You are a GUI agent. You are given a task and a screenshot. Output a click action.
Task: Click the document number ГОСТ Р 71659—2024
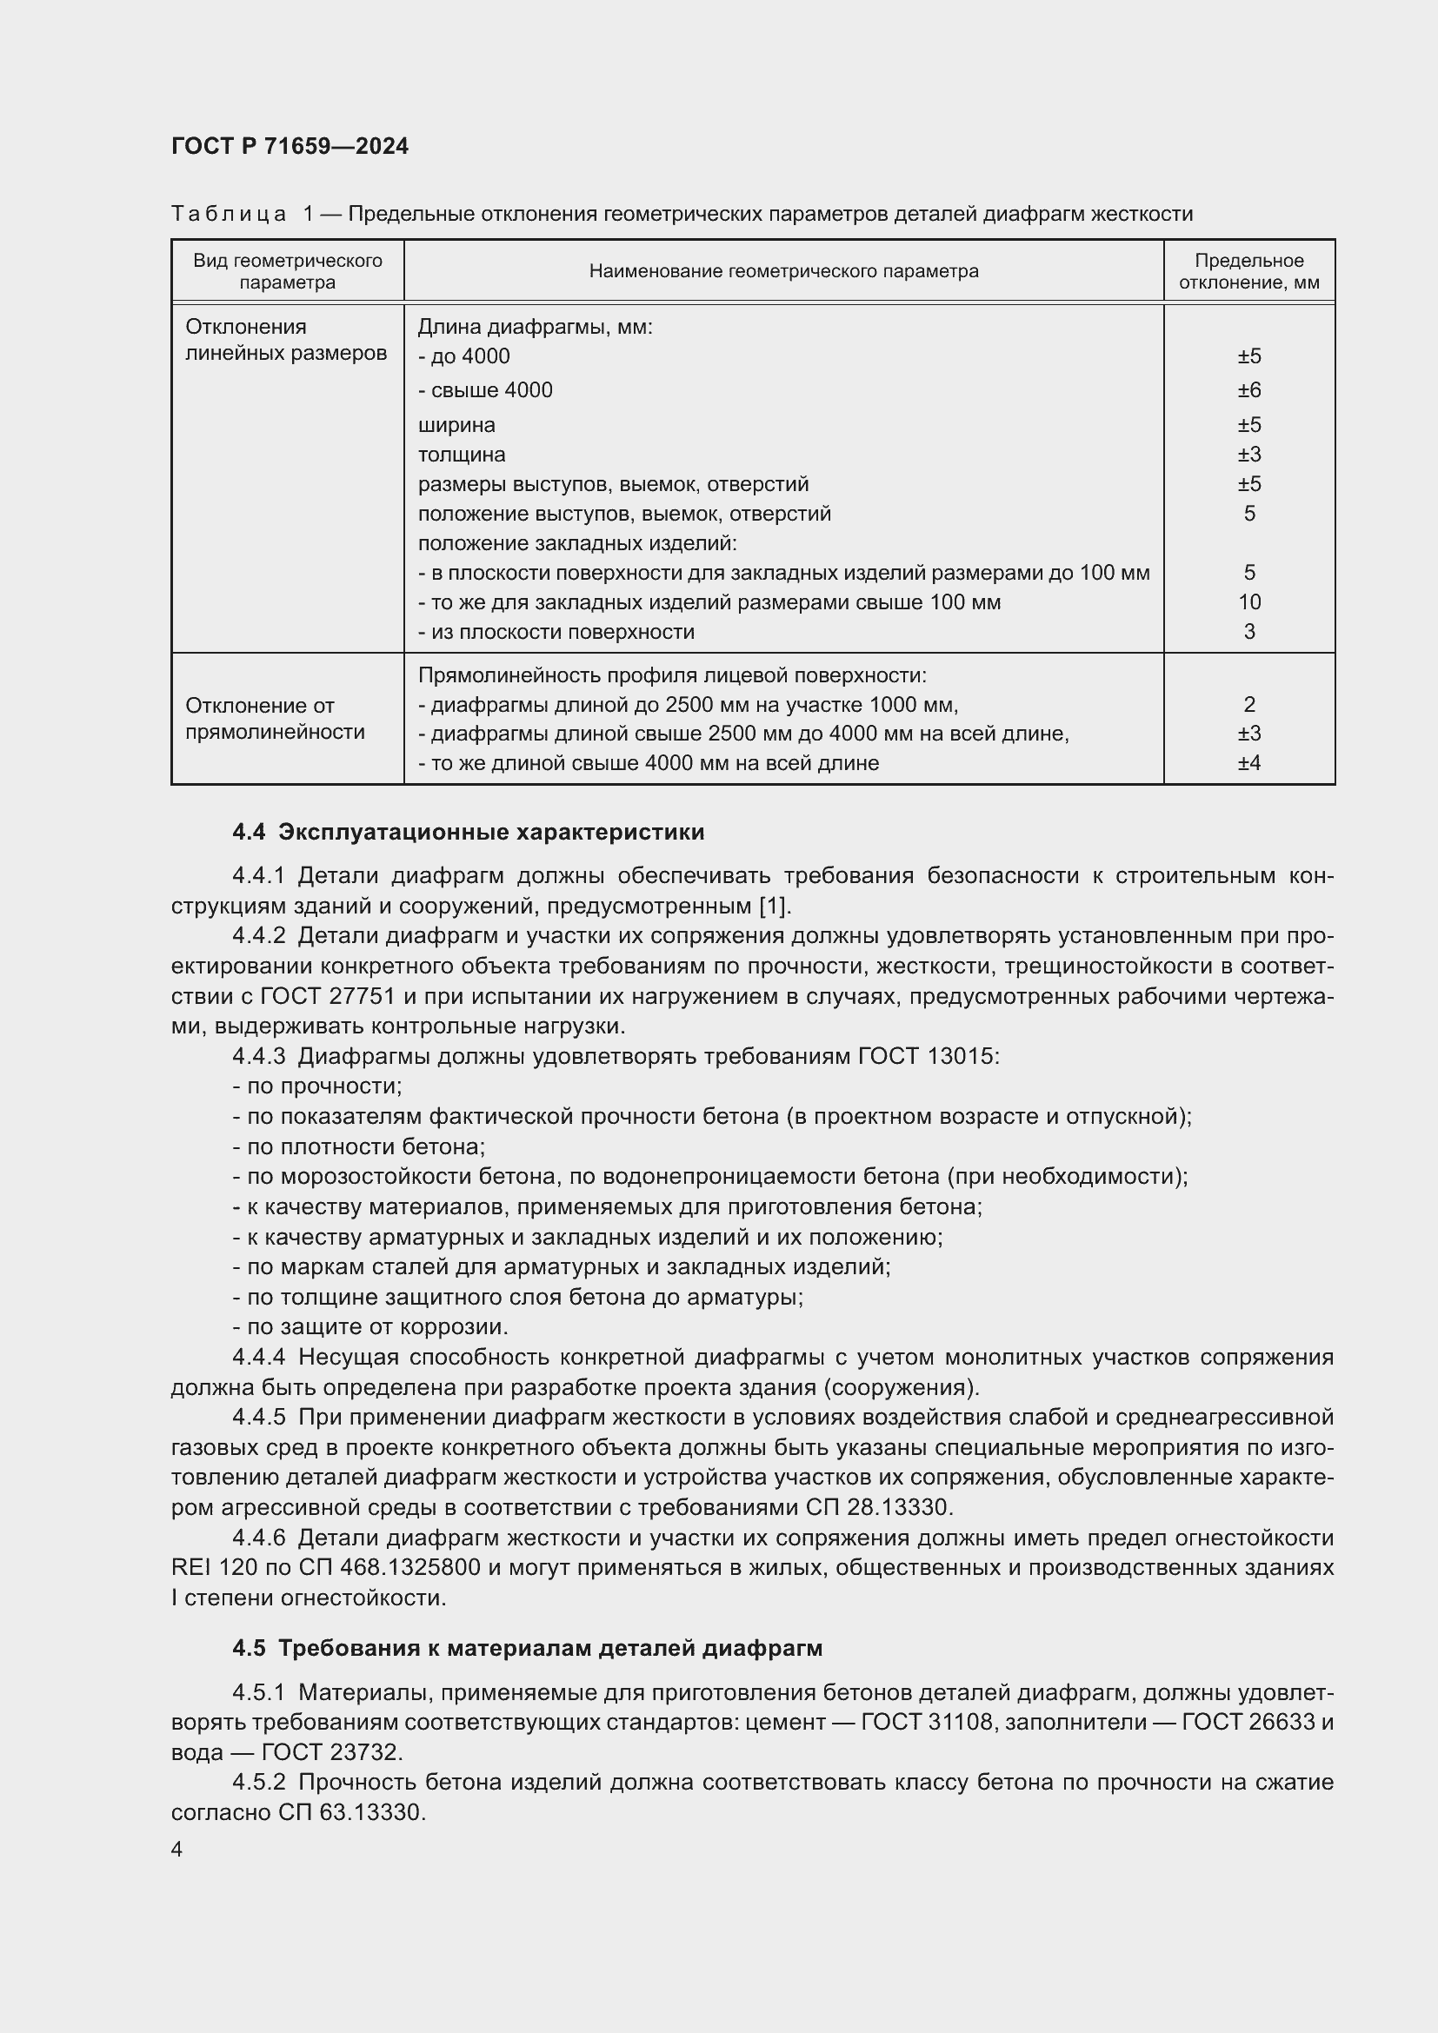[x=290, y=146]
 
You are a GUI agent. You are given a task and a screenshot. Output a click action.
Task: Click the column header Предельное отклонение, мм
[x=1248, y=271]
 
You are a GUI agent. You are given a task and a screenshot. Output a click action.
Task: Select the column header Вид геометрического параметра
[x=288, y=271]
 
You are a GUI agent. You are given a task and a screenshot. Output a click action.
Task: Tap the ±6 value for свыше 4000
[x=1248, y=390]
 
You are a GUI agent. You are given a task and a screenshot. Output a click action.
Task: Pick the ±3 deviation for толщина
[x=1248, y=455]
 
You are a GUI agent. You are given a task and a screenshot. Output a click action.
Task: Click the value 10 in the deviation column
[x=1248, y=602]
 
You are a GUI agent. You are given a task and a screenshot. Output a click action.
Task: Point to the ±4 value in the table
[x=1248, y=763]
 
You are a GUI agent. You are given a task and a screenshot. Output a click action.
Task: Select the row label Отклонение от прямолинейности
[x=275, y=718]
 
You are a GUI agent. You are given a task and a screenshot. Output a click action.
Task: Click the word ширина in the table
[x=456, y=425]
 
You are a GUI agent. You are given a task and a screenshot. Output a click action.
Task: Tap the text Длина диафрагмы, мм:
[x=535, y=327]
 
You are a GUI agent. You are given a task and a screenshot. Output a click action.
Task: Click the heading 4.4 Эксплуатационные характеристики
[x=469, y=833]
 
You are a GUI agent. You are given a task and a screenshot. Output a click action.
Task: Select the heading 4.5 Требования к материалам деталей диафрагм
[x=528, y=1648]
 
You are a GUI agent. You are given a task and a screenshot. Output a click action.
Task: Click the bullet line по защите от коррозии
[x=371, y=1327]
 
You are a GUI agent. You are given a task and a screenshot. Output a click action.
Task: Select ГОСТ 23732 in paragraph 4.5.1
[x=330, y=1752]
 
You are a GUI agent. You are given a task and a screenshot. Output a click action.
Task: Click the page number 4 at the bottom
[x=177, y=1850]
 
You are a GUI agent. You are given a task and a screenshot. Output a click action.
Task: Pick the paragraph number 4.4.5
[x=258, y=1418]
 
